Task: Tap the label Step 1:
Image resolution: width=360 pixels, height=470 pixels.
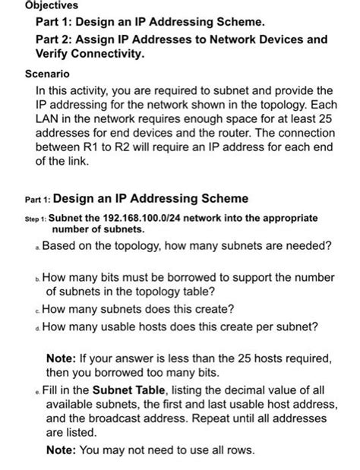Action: [x=33, y=218]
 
